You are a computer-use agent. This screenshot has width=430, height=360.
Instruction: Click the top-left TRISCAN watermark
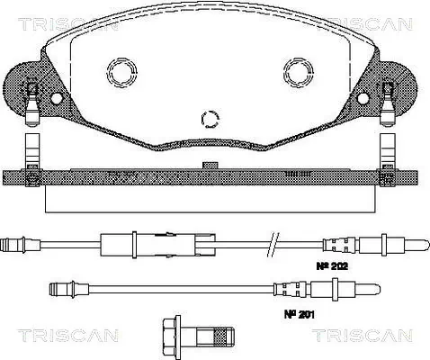click(68, 24)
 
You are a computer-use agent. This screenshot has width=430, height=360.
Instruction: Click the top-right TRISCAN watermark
click(369, 24)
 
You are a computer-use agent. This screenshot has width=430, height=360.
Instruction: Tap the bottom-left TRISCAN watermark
click(68, 335)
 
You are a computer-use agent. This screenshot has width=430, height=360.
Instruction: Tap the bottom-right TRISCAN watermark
click(363, 335)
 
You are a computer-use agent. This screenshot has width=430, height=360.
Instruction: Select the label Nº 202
click(332, 265)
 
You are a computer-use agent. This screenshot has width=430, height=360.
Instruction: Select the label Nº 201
click(300, 314)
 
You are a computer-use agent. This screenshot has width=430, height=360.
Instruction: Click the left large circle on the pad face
click(122, 72)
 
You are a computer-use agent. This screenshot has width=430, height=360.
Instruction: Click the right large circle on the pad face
click(299, 72)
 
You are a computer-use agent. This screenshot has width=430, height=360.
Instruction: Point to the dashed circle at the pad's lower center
click(210, 119)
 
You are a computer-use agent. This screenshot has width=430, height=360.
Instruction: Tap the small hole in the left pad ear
click(56, 98)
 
